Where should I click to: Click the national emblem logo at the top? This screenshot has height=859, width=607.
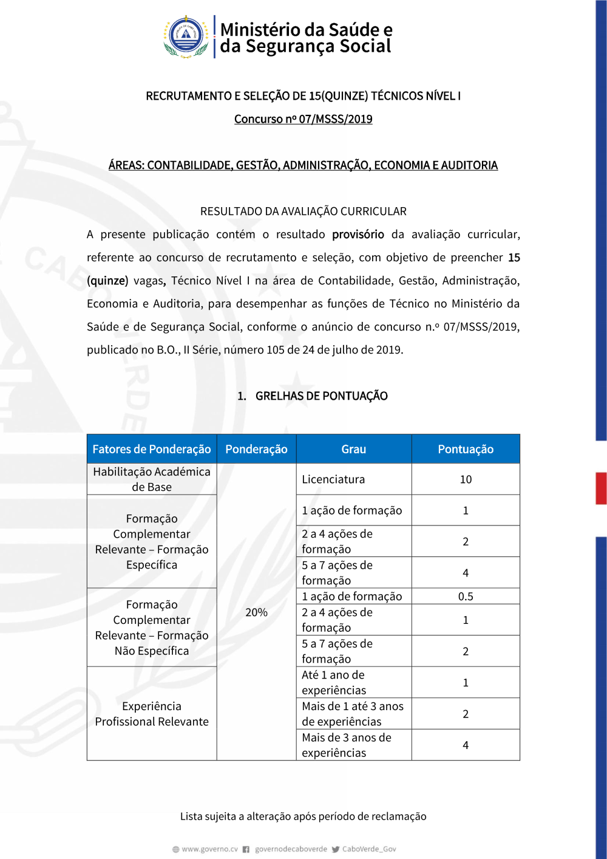[x=186, y=36]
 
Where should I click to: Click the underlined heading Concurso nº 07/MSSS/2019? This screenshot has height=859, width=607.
[x=303, y=119]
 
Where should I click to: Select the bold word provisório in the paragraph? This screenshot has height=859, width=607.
[x=358, y=234]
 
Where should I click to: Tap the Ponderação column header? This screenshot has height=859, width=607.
[x=256, y=449]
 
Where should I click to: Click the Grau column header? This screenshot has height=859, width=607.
[x=353, y=449]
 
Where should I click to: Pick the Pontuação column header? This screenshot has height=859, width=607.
[x=466, y=449]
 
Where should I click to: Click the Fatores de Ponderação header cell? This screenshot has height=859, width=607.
[x=152, y=449]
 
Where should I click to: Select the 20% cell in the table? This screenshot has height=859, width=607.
[x=256, y=612]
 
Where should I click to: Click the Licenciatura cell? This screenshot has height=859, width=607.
[x=333, y=479]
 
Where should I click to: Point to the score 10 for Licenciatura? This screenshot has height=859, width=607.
[x=466, y=479]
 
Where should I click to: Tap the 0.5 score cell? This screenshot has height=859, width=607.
[x=466, y=596]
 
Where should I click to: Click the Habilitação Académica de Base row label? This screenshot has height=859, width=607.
[x=152, y=479]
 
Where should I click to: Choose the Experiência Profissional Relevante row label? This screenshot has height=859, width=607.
[x=152, y=714]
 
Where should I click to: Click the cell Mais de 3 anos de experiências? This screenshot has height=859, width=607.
[x=347, y=745]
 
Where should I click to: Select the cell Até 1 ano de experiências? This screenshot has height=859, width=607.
[x=334, y=682]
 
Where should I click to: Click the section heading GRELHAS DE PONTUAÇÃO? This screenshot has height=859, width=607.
[x=321, y=396]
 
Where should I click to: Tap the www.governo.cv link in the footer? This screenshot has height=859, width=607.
[x=209, y=849]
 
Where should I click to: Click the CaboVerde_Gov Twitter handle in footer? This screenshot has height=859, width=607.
[x=368, y=849]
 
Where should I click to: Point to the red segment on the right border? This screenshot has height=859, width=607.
[x=601, y=488]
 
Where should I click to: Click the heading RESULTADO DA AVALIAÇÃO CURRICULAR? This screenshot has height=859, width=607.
[x=303, y=211]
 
